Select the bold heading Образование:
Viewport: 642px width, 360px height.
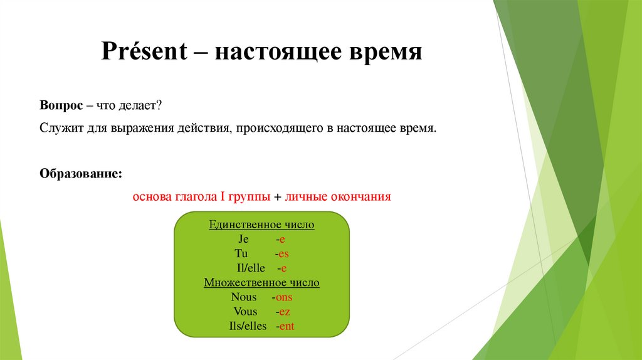[81, 172]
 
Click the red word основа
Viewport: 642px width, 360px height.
[150, 196]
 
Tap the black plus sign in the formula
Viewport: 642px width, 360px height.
[277, 196]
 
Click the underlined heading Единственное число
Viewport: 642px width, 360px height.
[261, 225]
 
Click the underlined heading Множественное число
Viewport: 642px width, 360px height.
[261, 283]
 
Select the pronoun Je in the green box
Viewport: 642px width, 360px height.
[244, 239]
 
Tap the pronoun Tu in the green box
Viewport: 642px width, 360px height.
[241, 253]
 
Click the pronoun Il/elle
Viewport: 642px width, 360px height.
[248, 268]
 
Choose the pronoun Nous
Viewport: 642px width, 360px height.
[244, 297]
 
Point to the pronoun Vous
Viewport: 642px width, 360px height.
[245, 312]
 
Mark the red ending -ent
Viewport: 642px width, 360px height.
[286, 326]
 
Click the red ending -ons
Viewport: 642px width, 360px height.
[283, 297]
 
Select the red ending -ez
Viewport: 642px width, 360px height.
[284, 312]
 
